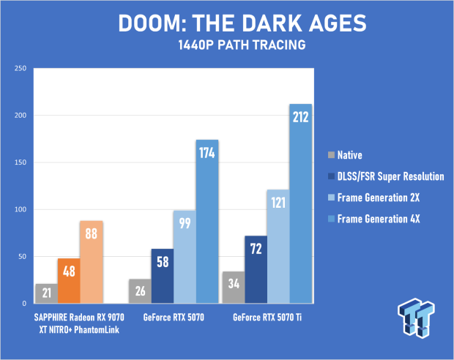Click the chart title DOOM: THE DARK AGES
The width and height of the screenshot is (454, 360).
242,23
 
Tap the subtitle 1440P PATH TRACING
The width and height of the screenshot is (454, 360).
242,45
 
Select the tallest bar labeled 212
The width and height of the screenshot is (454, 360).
300,203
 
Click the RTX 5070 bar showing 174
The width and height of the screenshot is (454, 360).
207,222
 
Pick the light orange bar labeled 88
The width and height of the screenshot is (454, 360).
92,262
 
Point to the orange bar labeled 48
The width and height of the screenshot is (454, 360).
69,281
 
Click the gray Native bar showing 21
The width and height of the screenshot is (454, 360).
47,293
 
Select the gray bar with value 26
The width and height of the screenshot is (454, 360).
140,291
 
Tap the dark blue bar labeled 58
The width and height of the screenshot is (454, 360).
163,276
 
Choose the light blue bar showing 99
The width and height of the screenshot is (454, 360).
185,257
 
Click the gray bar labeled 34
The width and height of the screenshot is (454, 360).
234,288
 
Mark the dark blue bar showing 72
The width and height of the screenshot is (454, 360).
256,269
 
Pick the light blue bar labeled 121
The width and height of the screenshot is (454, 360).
278,247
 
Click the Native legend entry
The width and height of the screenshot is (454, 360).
345,155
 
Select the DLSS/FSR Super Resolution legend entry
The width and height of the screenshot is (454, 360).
386,176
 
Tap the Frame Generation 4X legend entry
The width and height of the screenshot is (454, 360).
373,219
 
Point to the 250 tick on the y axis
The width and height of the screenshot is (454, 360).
21,68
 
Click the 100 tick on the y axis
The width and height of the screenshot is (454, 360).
21,209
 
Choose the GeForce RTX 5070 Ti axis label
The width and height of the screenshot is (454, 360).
267,318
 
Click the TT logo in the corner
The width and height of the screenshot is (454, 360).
416,318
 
